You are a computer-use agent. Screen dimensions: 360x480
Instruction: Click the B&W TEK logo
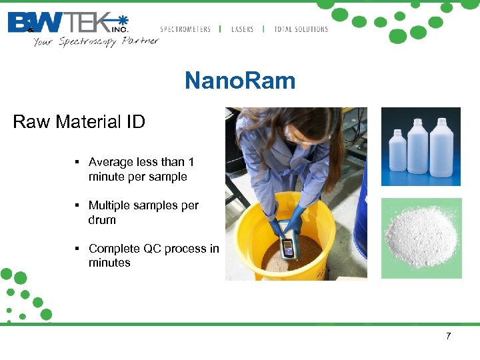pyautogui.click(x=67, y=23)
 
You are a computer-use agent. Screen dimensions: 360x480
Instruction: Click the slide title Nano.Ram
pyautogui.click(x=239, y=81)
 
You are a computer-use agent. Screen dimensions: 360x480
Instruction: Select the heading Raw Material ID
pyautogui.click(x=79, y=122)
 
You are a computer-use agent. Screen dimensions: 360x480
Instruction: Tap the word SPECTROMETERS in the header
pyautogui.click(x=185, y=29)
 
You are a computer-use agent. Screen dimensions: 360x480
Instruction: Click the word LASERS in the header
pyautogui.click(x=242, y=29)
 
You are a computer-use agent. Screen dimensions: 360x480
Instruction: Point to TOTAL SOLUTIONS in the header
pyautogui.click(x=301, y=29)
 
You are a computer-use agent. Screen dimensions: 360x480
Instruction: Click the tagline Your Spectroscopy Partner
pyautogui.click(x=96, y=41)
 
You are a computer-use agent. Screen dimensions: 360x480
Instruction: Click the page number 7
pyautogui.click(x=449, y=336)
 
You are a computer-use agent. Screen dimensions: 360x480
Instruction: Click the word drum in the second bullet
pyautogui.click(x=102, y=220)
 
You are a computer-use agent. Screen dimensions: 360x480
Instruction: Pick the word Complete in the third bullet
pyautogui.click(x=114, y=249)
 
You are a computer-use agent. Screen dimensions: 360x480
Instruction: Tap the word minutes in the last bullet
pyautogui.click(x=109, y=263)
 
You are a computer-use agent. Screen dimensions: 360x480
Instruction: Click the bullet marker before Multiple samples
pyautogui.click(x=78, y=205)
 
